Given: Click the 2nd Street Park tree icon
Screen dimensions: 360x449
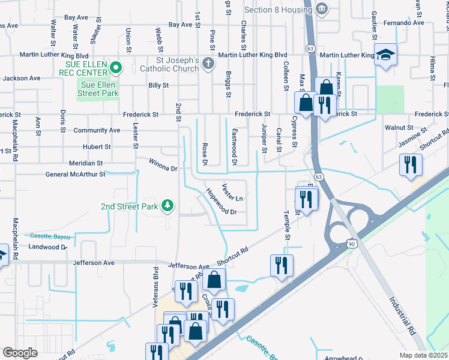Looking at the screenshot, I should coord(169,206).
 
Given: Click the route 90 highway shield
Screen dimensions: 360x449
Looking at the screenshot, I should coord(351,241).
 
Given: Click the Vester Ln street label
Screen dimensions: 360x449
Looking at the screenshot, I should coord(233,192).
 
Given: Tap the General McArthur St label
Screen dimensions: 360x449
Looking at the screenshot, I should coord(75,175).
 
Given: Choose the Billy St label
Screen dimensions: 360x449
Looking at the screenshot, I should coord(158,86).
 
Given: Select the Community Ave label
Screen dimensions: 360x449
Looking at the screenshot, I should coord(96,130).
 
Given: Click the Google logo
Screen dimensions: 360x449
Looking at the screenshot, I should coord(20,353).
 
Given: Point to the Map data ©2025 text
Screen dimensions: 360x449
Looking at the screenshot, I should coord(423,355).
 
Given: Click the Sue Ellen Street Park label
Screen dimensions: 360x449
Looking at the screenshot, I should coord(100,88).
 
